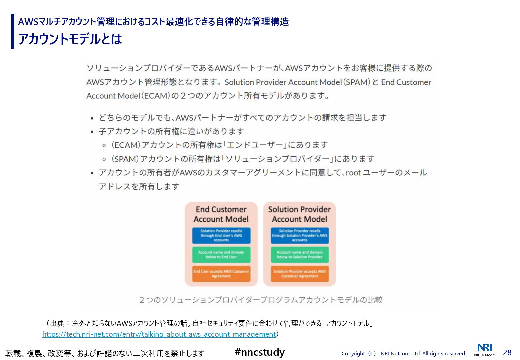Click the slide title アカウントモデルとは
[x=70, y=39]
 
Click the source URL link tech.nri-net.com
[x=159, y=334]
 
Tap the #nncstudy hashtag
[x=260, y=352]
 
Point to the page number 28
[x=507, y=352]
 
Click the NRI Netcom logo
[x=485, y=350]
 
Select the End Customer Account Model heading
[x=221, y=214]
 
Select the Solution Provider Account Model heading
[x=299, y=214]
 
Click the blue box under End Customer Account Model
[x=221, y=235]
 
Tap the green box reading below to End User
[x=221, y=255]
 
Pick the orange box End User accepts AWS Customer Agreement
[x=221, y=274]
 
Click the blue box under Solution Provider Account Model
[x=299, y=235]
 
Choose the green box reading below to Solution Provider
[x=299, y=255]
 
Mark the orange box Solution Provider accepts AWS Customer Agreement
[x=299, y=274]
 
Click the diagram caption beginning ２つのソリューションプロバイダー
[x=261, y=300]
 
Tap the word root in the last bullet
[x=353, y=173]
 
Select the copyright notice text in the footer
[x=404, y=353]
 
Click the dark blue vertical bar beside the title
[x=13, y=31]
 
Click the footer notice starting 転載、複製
[x=105, y=353]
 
